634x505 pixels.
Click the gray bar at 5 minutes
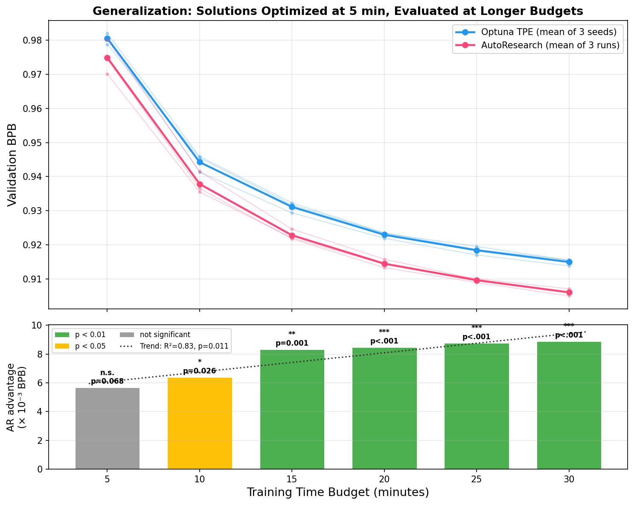107,429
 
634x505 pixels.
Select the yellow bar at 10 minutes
200,423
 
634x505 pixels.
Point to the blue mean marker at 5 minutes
107,38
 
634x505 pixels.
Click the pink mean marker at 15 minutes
292,235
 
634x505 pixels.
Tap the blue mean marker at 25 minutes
477,250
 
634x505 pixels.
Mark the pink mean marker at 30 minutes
569,292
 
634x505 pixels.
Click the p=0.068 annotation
107,381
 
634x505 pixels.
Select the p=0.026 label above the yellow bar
200,371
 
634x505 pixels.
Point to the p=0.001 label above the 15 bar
292,343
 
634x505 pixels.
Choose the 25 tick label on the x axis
477,479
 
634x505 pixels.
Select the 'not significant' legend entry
165,335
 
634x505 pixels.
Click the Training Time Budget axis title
337,493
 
